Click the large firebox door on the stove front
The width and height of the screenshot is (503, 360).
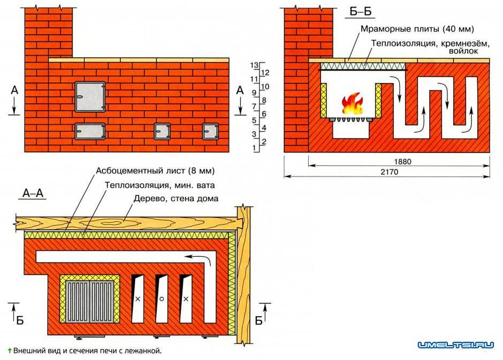coord(90,97)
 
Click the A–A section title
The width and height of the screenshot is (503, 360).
coord(33,193)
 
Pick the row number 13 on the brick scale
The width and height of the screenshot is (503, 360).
coord(254,65)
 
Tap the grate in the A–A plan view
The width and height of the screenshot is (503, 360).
coord(90,301)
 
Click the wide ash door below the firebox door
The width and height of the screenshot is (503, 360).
coord(90,130)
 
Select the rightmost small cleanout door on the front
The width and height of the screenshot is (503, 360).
coord(210,130)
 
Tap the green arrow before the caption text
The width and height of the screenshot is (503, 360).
coord(9,351)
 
